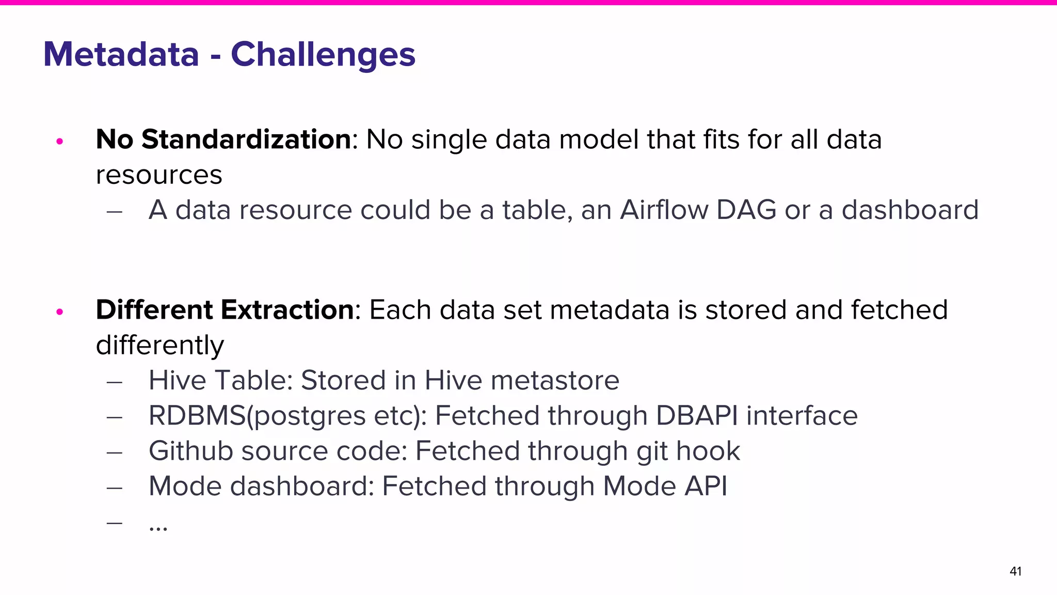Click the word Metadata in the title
pyautogui.click(x=121, y=54)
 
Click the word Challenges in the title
pyautogui.click(x=323, y=55)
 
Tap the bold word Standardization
pyautogui.click(x=246, y=139)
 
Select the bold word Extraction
pyautogui.click(x=287, y=310)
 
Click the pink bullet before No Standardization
pyautogui.click(x=60, y=141)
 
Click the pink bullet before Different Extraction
pyautogui.click(x=60, y=311)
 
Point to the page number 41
pyautogui.click(x=1015, y=571)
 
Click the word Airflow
pyautogui.click(x=664, y=210)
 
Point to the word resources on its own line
pyautogui.click(x=159, y=175)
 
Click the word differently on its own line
pyautogui.click(x=160, y=346)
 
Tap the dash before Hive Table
pyautogui.click(x=114, y=383)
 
